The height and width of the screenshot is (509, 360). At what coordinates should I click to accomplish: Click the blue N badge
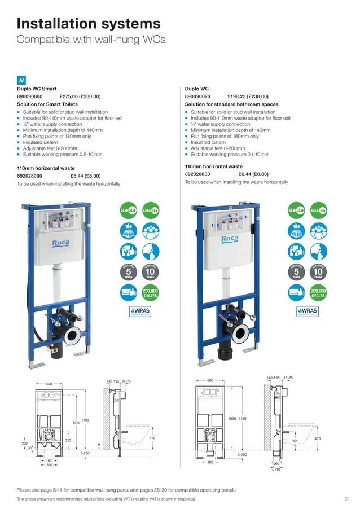click(x=21, y=80)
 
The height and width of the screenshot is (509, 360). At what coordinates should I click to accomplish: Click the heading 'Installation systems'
click(x=89, y=23)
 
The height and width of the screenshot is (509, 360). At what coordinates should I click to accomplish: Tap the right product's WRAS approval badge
click(x=307, y=311)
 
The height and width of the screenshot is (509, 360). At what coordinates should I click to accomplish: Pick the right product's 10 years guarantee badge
click(x=318, y=271)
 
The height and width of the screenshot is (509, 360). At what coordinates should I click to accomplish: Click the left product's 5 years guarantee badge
click(x=129, y=271)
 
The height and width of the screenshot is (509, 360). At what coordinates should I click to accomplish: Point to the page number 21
click(x=346, y=499)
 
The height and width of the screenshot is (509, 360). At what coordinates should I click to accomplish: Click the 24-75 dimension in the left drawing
click(x=126, y=381)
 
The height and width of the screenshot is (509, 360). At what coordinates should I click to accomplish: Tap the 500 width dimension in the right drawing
click(x=210, y=380)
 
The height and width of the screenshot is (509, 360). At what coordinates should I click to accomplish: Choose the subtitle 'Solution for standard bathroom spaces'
click(x=231, y=104)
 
